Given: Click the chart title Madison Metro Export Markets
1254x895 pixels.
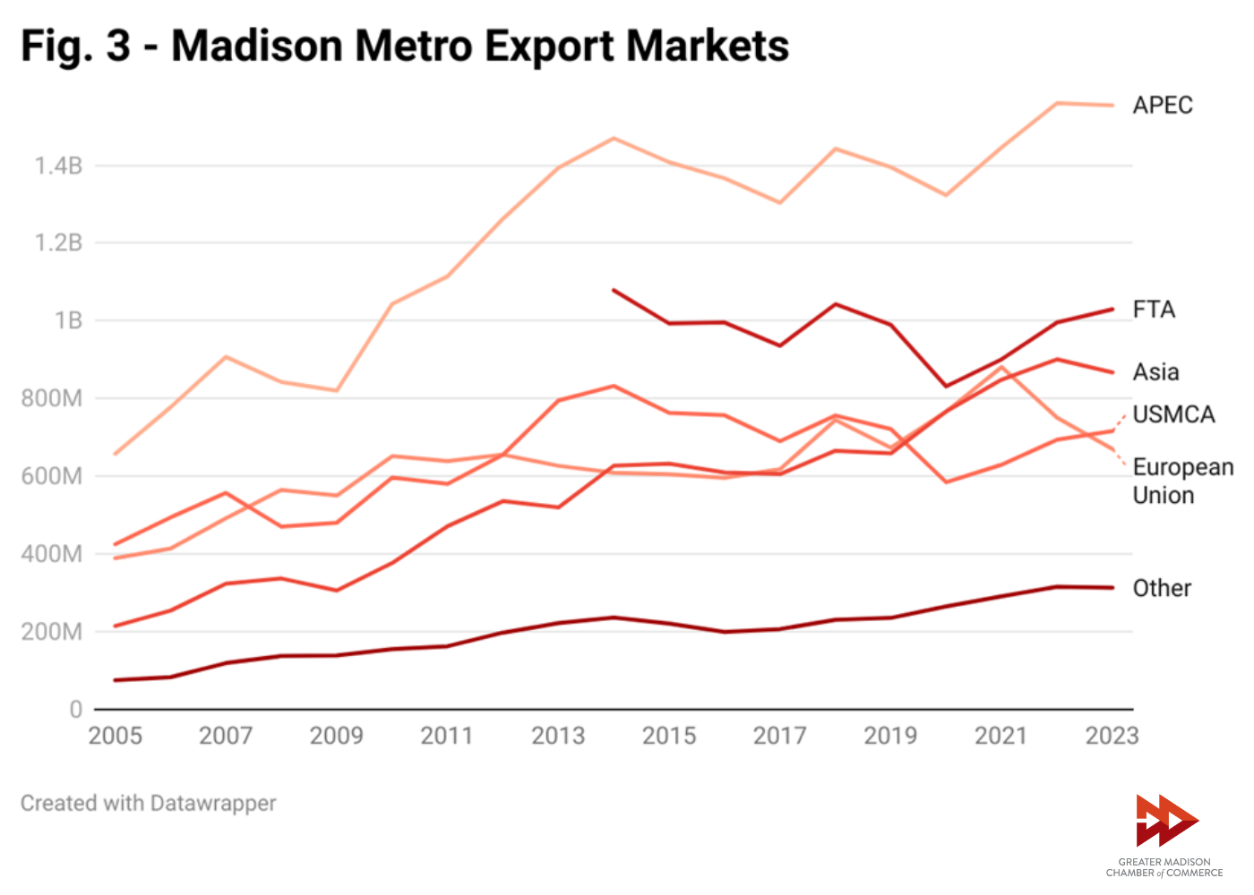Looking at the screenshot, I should [x=404, y=46].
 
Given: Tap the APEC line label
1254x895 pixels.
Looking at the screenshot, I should [x=1162, y=106].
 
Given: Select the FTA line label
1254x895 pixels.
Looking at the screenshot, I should [x=1154, y=310].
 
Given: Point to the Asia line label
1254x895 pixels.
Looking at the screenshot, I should [x=1155, y=372].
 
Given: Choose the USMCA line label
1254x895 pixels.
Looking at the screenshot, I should [x=1173, y=414].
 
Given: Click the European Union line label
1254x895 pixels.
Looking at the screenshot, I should [x=1182, y=481].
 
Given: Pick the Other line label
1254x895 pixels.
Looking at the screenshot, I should [x=1162, y=588].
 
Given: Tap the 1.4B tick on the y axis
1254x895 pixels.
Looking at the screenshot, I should [x=58, y=166].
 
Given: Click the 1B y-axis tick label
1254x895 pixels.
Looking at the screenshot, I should [x=68, y=320].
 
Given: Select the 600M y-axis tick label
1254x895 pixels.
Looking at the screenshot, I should [x=52, y=476].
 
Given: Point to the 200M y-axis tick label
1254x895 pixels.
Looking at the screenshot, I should [x=52, y=632].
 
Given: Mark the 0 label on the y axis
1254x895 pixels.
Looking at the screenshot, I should [x=76, y=710].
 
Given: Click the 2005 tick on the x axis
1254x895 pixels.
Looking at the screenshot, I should [x=116, y=736].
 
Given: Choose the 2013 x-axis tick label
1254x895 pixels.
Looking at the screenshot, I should [x=558, y=736].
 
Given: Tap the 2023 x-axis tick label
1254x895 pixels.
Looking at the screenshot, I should [x=1112, y=736].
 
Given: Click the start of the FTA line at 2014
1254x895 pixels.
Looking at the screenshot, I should [x=614, y=290].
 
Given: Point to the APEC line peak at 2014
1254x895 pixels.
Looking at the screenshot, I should [x=614, y=138].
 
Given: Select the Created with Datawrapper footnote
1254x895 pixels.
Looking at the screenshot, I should [x=149, y=803].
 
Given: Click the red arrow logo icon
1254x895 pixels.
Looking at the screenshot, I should [x=1165, y=820].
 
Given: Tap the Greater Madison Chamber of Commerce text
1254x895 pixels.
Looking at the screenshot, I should [x=1164, y=867].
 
